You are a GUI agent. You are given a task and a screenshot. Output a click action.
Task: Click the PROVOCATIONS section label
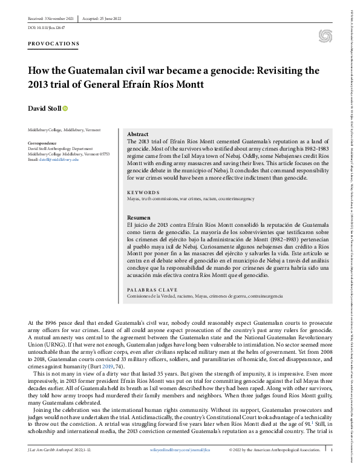coord(53,44)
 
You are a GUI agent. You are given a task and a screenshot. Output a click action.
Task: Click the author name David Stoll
coord(43,108)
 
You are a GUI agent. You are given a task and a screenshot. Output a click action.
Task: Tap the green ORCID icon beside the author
coord(65,108)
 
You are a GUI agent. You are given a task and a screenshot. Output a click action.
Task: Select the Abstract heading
coord(138,134)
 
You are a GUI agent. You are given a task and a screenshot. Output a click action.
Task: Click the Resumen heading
coord(139,217)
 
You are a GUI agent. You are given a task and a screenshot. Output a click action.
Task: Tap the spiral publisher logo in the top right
coord(326,36)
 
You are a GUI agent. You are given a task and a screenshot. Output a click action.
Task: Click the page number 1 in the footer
coord(332,466)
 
